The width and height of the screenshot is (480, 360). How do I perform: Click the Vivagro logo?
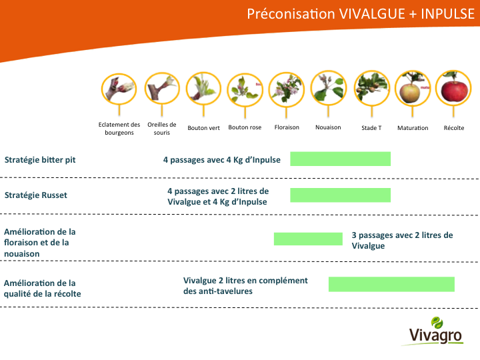pos(435,331)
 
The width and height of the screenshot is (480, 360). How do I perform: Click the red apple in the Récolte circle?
pos(454,91)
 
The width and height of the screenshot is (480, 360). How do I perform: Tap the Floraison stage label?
pos(287,127)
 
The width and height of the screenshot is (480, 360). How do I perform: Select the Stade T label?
pos(371,128)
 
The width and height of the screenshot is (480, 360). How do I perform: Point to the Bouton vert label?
pos(203,128)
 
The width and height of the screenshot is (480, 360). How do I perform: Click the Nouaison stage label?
pos(328,127)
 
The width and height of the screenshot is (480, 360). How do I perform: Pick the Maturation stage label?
pos(413,128)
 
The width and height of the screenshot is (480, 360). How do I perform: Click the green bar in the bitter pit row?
pos(341,159)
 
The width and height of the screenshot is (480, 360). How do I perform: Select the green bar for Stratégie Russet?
pos(341,195)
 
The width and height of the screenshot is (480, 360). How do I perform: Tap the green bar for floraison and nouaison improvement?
pos(308,239)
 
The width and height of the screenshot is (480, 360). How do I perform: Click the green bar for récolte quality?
pos(391,284)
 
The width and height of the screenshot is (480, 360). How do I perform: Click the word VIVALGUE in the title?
pos(372,14)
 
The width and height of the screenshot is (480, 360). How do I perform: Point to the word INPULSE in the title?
pos(447,14)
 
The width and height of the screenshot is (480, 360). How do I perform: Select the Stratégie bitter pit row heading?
pos(40,160)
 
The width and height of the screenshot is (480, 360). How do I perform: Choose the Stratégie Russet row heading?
pos(36,195)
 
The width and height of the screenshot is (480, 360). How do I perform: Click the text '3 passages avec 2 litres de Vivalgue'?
pos(402,240)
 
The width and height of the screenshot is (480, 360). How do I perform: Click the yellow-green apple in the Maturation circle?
pos(410,93)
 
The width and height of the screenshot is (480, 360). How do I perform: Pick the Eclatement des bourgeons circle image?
pos(119,89)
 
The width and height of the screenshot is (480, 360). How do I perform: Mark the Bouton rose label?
pos(245,127)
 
